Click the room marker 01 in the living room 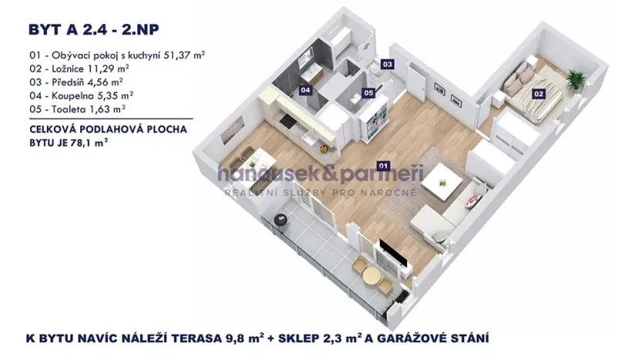(383, 165)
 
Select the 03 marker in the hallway (388, 64)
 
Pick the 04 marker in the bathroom (306, 90)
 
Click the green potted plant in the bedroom (575, 78)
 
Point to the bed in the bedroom (532, 89)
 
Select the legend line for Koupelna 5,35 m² (81, 96)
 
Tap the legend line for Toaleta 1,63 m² (76, 109)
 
